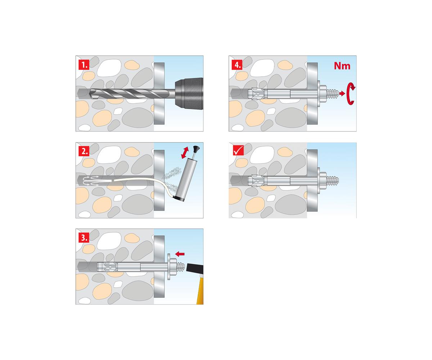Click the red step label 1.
[84, 65]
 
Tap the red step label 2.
[84, 151]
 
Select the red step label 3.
[84, 238]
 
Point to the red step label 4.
[237, 65]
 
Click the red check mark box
[238, 150]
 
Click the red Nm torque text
[342, 66]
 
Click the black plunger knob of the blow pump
[195, 148]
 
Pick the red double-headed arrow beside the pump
[185, 153]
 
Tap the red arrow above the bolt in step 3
[180, 254]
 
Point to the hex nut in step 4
[323, 94]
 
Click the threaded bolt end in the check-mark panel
[333, 180]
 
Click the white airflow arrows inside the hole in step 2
[91, 181]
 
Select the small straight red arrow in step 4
[342, 94]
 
